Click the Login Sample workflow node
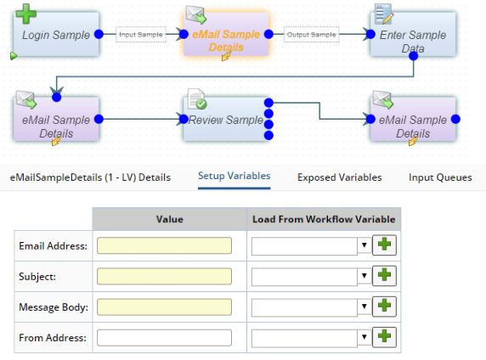point(56,35)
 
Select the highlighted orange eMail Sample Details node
point(226,35)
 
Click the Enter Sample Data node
point(413,35)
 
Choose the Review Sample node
point(226,119)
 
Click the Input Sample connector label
point(141,35)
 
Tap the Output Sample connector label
point(311,35)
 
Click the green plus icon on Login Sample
point(26,14)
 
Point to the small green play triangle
point(14,56)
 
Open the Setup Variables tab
point(234,176)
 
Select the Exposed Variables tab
point(339,177)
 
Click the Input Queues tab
point(440,177)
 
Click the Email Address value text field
point(164,245)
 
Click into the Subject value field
point(164,276)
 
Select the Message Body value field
point(164,307)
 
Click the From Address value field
point(164,338)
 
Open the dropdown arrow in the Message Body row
point(364,307)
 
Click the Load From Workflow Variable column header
point(324,219)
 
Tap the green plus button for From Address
point(384,337)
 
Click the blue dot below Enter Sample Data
point(413,56)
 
